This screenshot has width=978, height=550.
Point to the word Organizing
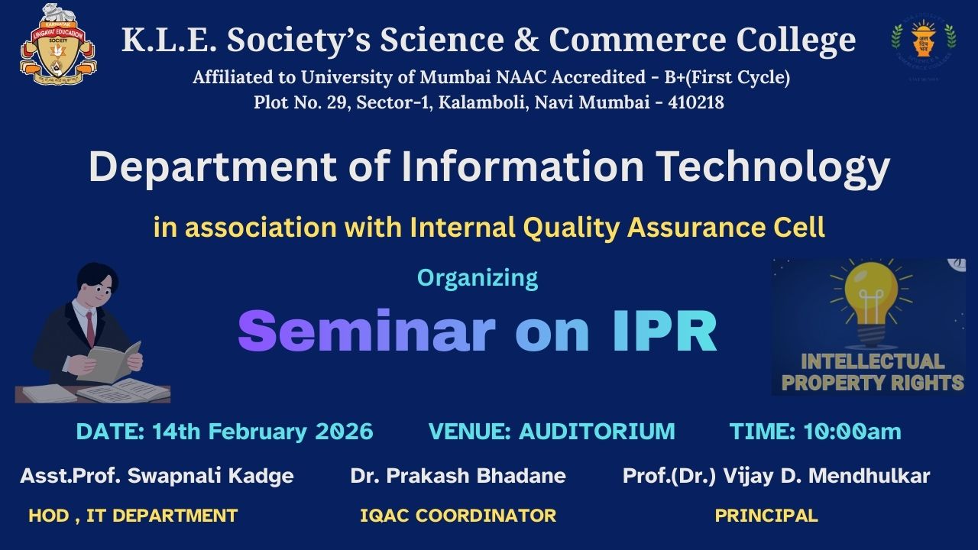(x=478, y=277)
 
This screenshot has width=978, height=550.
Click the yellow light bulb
(x=870, y=298)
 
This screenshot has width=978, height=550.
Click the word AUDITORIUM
(x=597, y=432)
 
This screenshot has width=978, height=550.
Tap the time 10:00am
(x=852, y=432)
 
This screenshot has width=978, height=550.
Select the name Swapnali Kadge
(x=210, y=476)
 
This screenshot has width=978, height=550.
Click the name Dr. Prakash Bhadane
(x=458, y=476)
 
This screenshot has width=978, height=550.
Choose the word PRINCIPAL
(x=766, y=516)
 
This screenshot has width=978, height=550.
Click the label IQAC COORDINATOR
(x=458, y=516)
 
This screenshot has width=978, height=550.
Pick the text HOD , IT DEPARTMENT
(x=133, y=516)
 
